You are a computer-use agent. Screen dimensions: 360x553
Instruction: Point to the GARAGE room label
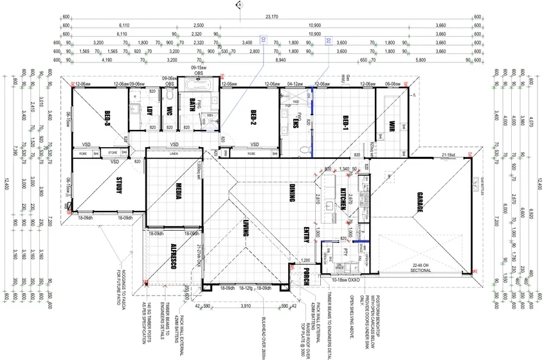pos(420,203)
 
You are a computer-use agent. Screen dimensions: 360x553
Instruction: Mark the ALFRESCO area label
pos(173,256)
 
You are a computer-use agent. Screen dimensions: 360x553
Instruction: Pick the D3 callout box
pos(262,40)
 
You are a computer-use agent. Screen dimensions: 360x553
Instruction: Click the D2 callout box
pos(328,40)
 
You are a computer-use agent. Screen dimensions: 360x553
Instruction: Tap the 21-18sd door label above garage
pos(449,155)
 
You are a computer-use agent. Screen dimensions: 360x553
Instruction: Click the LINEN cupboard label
pos(174,154)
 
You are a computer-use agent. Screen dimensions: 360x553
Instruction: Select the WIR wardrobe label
pos(391,122)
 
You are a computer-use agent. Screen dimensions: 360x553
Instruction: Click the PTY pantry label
pos(345,251)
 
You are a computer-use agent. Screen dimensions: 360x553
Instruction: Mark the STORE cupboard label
pos(114,154)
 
